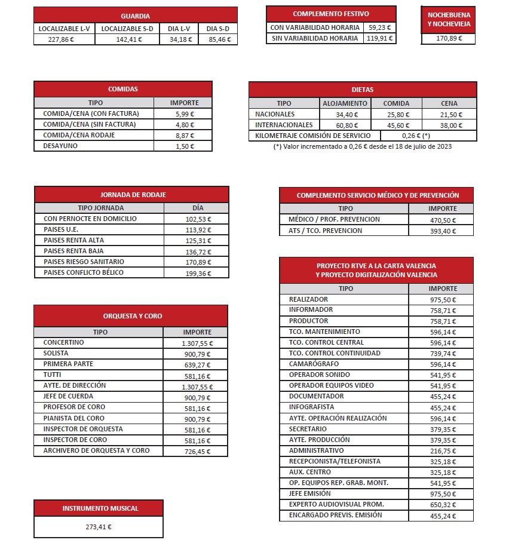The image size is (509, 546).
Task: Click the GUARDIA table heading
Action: point(135,16)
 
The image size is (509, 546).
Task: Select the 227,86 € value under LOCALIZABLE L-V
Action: point(64,39)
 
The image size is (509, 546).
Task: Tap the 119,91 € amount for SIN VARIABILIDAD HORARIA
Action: point(379,38)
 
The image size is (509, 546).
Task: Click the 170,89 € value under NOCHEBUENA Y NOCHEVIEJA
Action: point(449,39)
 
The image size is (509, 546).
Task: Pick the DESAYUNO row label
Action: point(60,146)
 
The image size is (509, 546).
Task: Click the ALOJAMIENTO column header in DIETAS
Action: point(345,103)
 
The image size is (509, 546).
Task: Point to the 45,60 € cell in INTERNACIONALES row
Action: point(396,125)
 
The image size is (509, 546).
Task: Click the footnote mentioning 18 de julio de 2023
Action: point(362,146)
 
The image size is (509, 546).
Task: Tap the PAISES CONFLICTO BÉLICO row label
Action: point(84,272)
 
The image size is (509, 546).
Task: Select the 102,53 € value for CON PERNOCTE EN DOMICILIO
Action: point(198,219)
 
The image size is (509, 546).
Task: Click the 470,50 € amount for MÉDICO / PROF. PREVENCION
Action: point(443,220)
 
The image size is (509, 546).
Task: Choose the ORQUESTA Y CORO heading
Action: point(132,316)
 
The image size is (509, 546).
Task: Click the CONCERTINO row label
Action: point(64,343)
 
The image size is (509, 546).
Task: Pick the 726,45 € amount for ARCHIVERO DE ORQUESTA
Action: point(197,451)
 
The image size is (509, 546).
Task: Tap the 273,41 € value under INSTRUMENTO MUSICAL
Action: point(99,527)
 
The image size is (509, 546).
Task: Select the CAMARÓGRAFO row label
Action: point(314,364)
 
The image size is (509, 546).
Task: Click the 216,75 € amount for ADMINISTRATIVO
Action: point(443,451)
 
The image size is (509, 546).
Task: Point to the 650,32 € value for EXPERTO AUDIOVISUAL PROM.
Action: point(443,505)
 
